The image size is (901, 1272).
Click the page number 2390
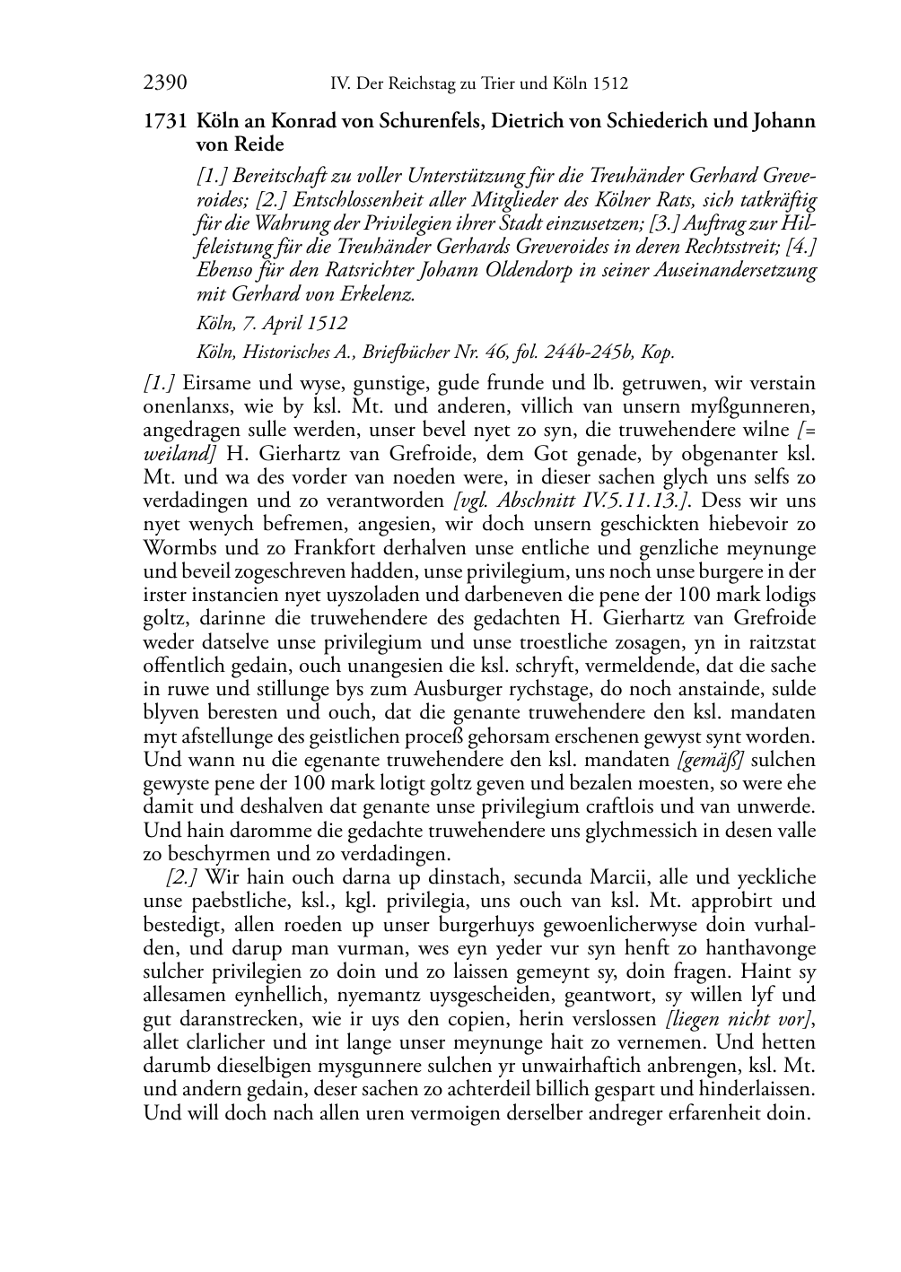click(165, 84)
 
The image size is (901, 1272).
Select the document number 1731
click(164, 121)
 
